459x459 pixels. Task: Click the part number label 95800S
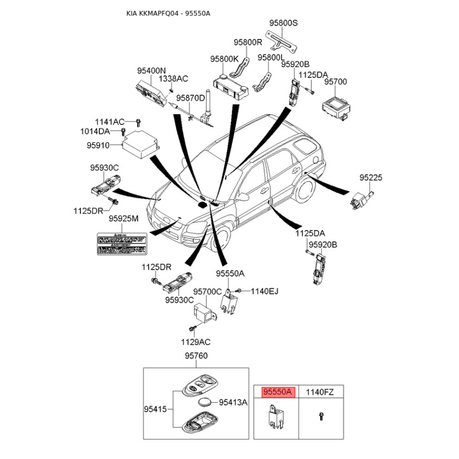284,23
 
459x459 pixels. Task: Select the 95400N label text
151,71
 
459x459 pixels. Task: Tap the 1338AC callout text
173,78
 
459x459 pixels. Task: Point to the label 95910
98,146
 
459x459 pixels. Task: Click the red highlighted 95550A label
278,392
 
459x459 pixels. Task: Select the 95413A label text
233,402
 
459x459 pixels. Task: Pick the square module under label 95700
335,106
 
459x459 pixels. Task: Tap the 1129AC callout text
196,341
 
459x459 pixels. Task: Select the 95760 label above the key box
196,356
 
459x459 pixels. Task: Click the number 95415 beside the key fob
155,409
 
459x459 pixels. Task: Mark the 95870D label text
190,98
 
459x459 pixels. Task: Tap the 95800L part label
271,57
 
